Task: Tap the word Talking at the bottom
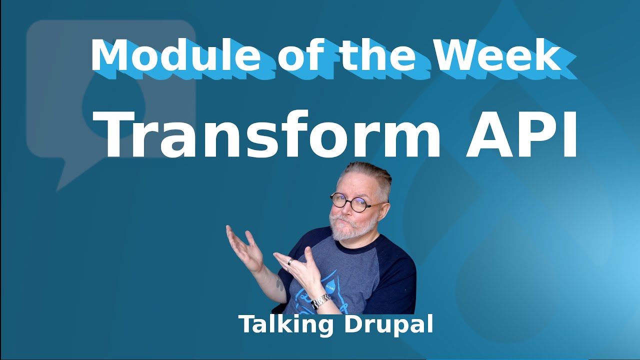click(286, 325)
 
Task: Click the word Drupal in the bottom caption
click(388, 325)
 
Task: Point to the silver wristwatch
click(321, 301)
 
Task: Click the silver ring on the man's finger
click(290, 261)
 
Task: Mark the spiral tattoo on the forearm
click(278, 283)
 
